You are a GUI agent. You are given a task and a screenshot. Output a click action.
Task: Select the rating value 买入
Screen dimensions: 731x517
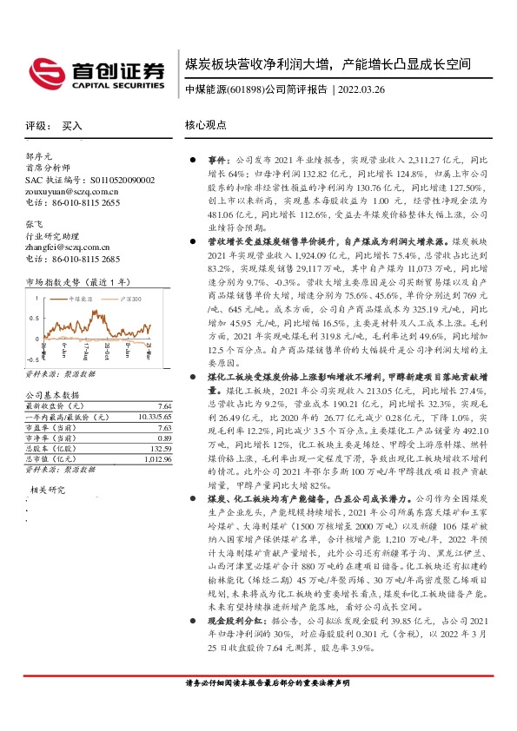coord(72,126)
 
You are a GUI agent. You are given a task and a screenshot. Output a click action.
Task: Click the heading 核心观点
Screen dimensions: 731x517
coord(204,126)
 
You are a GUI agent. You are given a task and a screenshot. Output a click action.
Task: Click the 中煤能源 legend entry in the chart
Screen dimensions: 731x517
coord(83,300)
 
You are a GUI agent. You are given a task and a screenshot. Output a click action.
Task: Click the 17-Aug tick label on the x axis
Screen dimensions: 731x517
coord(87,352)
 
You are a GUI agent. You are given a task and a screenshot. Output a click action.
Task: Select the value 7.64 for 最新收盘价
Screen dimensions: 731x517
coord(163,406)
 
